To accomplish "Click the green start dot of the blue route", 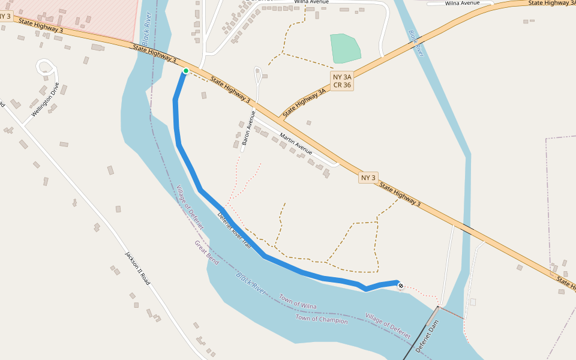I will tap(186, 71).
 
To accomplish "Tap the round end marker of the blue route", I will tap(401, 286).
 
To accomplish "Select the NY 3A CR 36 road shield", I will tap(342, 80).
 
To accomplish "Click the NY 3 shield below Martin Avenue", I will tap(368, 178).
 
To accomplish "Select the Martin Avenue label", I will tap(296, 142).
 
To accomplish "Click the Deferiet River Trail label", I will tap(234, 230).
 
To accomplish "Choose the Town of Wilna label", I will tap(298, 302).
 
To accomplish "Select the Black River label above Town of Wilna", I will tap(251, 283).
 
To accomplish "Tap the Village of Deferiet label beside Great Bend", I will tap(190, 208).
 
